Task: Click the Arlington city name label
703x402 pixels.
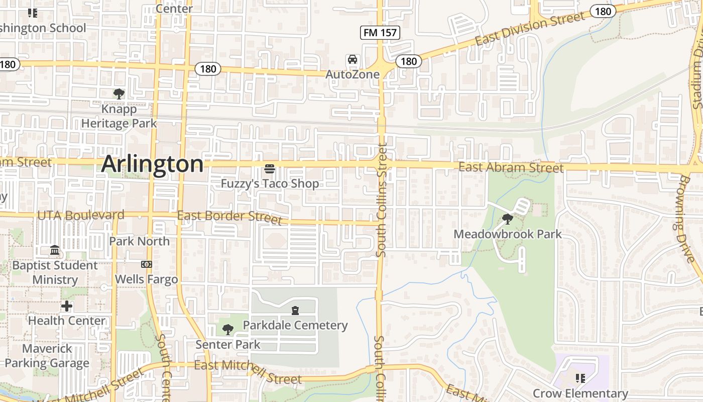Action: click(153, 164)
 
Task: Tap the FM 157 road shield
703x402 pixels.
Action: click(380, 33)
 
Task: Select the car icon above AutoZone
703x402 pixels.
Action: click(353, 60)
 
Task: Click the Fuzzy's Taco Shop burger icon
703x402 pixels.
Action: click(270, 168)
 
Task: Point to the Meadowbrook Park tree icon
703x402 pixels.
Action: click(508, 219)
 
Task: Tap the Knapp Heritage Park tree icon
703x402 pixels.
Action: click(119, 93)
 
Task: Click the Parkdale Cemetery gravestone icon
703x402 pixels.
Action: click(295, 311)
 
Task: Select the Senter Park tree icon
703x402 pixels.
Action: click(228, 330)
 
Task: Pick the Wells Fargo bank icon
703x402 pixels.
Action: click(147, 264)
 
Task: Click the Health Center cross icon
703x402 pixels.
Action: click(67, 306)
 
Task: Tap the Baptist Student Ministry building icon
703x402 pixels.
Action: click(55, 250)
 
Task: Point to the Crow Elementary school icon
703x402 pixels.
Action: click(580, 378)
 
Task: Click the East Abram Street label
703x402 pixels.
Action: click(511, 167)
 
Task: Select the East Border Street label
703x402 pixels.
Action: click(229, 218)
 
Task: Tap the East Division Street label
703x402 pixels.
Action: click(530, 29)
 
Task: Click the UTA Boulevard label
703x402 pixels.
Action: click(81, 215)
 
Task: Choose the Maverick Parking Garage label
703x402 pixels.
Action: click(47, 356)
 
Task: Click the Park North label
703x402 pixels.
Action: click(140, 241)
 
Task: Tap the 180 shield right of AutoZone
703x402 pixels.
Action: click(409, 61)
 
